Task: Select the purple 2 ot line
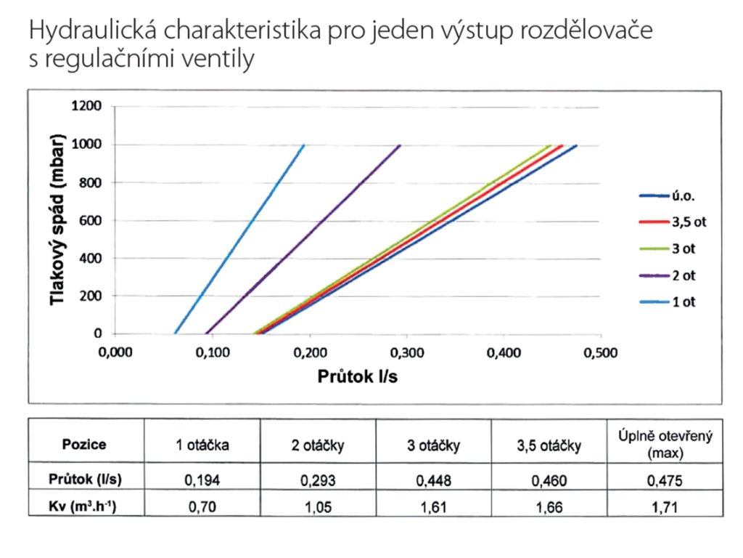click(x=305, y=239)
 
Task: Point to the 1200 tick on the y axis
click(x=86, y=107)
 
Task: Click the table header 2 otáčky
click(x=317, y=445)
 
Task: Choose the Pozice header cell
click(x=85, y=445)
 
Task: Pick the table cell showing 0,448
click(x=432, y=480)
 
